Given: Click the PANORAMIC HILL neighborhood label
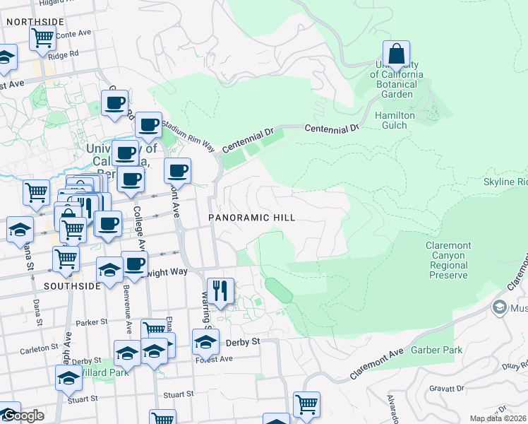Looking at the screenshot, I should pos(252,218).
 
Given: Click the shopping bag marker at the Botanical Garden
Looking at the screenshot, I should pos(397,54).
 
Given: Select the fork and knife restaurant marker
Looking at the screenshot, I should pos(220,290).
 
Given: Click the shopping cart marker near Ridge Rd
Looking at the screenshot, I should pos(43,37).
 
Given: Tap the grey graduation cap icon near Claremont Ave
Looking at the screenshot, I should pos(500,307).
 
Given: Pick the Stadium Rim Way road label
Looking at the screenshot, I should pos(188,135).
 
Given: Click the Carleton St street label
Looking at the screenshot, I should pos(39,348).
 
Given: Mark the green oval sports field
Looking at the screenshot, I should pos(277,290).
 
